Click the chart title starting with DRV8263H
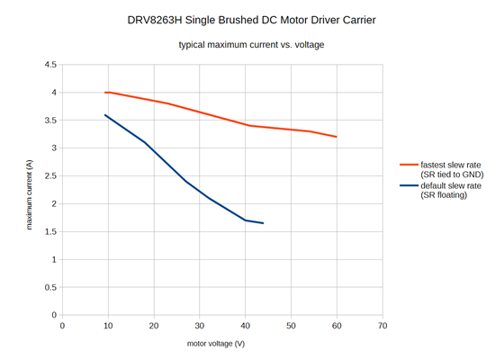pos(251,19)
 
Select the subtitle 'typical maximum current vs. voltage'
pos(251,45)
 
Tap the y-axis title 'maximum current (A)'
pos(30,194)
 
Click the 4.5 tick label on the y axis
pos(49,65)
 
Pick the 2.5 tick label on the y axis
pos(49,176)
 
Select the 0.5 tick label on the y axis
pos(49,288)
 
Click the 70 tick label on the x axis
pos(382,326)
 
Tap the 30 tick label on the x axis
pos(199,326)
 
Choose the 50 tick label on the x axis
pos(291,326)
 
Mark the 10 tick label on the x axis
pos(107,326)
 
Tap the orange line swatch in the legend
pos(409,165)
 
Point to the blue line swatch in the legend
pos(409,185)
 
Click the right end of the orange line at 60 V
pos(336,137)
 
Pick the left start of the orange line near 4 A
pos(105,93)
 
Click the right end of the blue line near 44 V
pos(263,223)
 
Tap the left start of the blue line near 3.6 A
pos(105,115)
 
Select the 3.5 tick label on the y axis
pos(49,121)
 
